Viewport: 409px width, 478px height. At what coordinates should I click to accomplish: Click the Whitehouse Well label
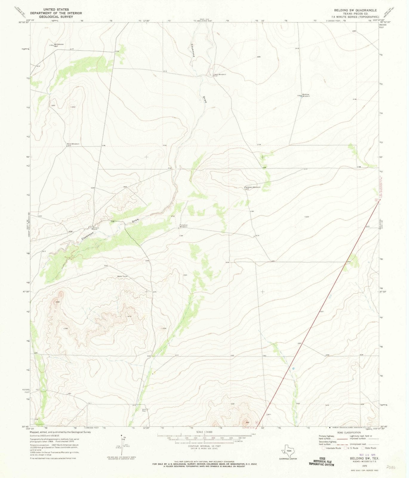(59, 45)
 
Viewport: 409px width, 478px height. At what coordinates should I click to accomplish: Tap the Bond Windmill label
(73, 144)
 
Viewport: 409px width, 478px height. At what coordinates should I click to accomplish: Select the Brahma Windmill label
(306, 95)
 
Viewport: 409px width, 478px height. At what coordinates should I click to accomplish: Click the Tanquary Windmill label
(253, 187)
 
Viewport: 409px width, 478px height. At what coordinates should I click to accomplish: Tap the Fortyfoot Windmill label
(184, 226)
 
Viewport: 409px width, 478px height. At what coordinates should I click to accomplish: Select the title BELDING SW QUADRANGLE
(355, 10)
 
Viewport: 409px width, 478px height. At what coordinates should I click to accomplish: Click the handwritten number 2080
(391, 467)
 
